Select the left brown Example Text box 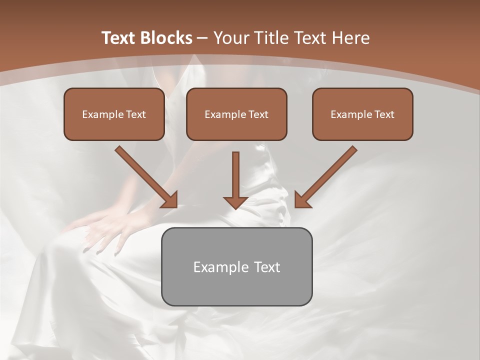114,114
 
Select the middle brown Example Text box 236,114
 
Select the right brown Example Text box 362,114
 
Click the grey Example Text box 236,266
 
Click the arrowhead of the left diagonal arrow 170,200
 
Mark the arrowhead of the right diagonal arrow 302,200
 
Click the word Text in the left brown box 135,114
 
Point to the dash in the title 202,38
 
